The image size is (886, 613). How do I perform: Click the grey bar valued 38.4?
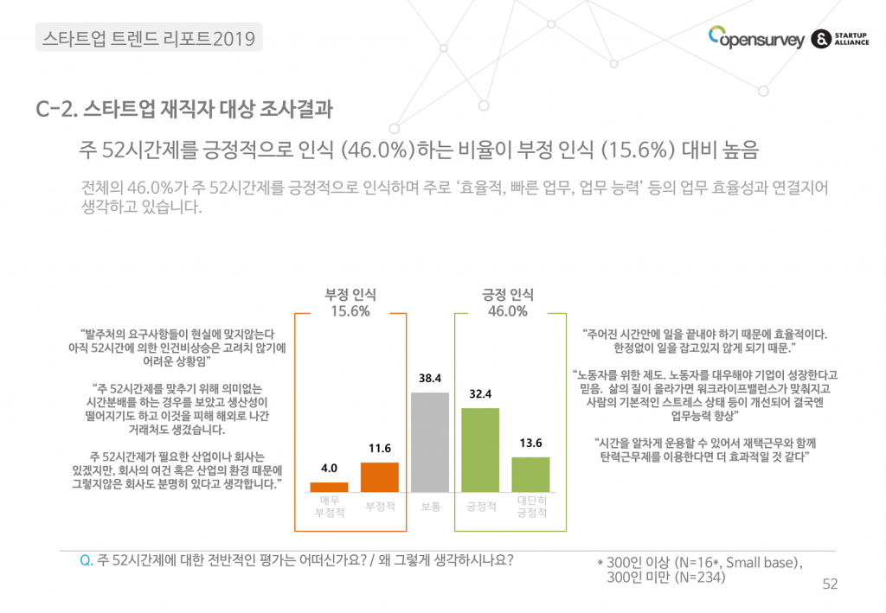pos(430,442)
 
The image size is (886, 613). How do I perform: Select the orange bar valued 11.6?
pos(380,477)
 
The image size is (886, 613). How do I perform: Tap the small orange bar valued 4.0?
pos(329,487)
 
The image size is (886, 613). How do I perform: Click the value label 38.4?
pos(430,379)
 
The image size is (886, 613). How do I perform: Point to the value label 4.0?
pos(329,468)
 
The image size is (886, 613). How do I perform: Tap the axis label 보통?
pos(430,506)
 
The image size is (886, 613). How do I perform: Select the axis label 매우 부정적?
pos(329,507)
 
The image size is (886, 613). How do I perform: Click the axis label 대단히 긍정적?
pos(530,507)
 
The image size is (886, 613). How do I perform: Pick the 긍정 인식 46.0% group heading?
pos(508,302)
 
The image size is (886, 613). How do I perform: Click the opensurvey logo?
pos(756,38)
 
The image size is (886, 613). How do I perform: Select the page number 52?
pos(830,585)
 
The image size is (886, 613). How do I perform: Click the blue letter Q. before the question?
pos(86,559)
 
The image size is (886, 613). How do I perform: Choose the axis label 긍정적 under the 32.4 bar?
pos(480,506)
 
